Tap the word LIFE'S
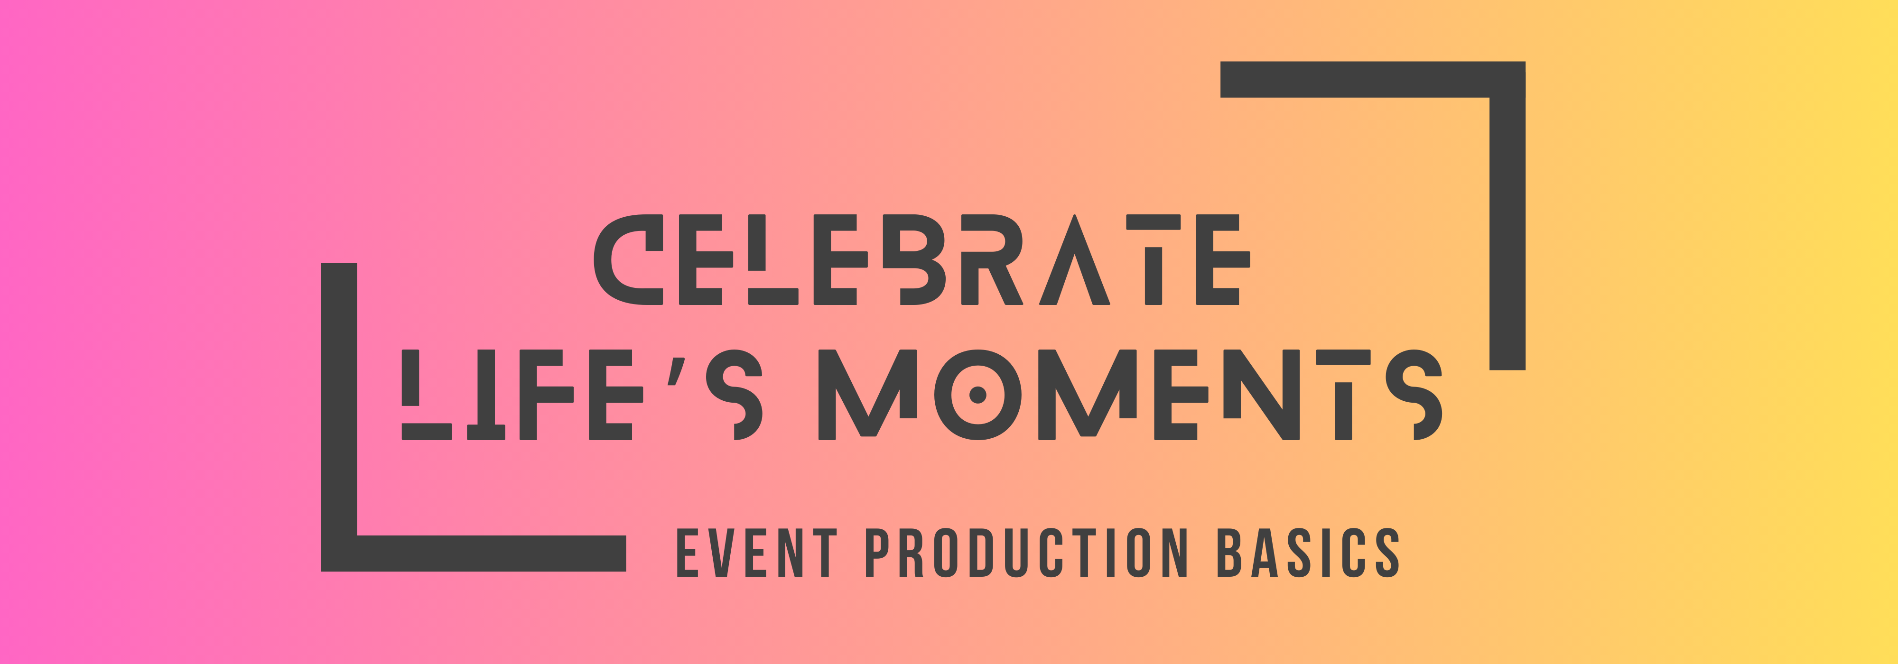[x=582, y=395]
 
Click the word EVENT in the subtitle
[x=756, y=552]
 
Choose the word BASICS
[x=1308, y=552]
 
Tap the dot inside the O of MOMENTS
[x=978, y=395]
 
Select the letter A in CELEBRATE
[x=1074, y=265]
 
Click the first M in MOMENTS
[x=867, y=395]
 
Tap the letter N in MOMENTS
[x=1261, y=395]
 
